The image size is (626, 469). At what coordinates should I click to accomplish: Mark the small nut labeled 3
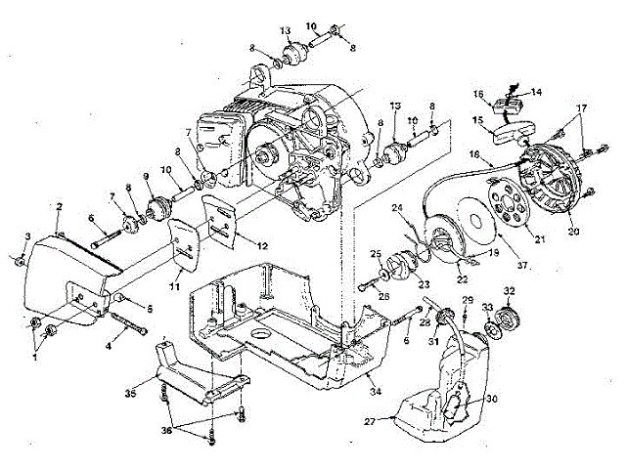tap(20, 260)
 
